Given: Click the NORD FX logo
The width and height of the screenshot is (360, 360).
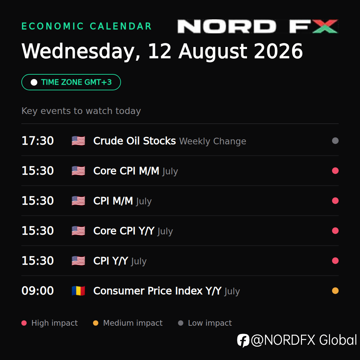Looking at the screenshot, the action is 258,26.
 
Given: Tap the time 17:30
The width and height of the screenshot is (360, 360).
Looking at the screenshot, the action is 38,141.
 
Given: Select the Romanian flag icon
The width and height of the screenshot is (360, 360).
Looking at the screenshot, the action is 78,291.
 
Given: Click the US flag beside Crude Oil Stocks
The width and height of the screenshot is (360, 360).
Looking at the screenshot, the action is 78,141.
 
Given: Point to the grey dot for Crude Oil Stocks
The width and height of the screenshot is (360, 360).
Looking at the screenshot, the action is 335,141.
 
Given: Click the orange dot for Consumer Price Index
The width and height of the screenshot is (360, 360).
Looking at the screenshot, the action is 335,291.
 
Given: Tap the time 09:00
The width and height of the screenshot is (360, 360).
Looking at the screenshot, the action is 38,291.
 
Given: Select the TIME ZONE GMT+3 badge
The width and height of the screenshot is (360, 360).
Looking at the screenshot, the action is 71,82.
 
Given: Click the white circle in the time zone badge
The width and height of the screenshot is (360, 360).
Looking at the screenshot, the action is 34,82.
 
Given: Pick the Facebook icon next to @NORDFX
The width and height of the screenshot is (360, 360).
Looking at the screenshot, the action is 243,340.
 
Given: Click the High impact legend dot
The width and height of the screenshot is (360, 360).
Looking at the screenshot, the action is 24,323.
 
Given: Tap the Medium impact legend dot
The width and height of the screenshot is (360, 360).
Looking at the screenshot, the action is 96,323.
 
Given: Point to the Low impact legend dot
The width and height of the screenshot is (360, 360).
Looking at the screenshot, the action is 181,323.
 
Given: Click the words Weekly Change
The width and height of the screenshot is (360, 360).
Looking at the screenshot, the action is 213,141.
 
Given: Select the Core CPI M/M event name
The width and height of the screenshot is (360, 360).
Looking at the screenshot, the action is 126,171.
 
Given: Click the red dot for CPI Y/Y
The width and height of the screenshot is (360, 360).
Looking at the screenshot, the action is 335,261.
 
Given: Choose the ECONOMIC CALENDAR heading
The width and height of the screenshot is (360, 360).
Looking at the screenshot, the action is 87,26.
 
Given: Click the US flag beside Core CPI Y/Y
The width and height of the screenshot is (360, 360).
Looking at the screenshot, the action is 78,231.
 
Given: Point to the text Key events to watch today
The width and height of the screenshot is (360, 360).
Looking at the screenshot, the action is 81,111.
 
